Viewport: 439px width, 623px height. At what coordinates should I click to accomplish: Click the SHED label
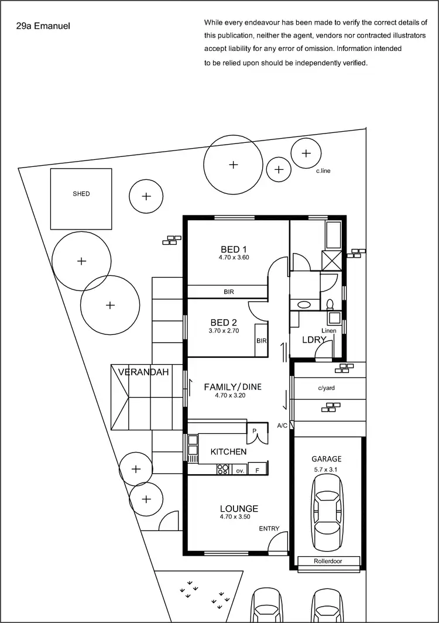(81, 194)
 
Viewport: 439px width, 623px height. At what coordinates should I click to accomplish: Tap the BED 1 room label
(234, 248)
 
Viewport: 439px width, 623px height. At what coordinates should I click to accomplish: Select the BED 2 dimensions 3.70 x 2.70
(225, 331)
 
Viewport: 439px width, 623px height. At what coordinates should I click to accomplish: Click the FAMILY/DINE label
(232, 387)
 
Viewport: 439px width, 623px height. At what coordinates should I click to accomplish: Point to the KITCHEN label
(228, 452)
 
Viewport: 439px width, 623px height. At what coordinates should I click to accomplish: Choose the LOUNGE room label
(239, 508)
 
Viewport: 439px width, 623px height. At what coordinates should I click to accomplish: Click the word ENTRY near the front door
(269, 529)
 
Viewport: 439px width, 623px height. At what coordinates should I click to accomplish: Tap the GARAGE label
(326, 459)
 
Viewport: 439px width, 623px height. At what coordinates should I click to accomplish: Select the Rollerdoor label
(328, 562)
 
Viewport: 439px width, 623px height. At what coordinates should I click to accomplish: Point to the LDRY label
(310, 340)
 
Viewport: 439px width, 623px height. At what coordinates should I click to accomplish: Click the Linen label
(329, 331)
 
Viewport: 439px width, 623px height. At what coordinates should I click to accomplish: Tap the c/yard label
(327, 388)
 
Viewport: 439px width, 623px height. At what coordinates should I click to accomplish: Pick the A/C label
(282, 425)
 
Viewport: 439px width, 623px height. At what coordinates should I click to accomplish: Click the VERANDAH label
(143, 372)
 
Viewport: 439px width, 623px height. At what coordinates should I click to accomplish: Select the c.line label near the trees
(324, 171)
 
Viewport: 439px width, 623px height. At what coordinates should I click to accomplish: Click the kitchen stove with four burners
(223, 469)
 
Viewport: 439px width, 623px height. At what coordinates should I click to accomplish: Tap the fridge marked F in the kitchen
(256, 470)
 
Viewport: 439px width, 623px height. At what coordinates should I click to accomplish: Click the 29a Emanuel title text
(44, 26)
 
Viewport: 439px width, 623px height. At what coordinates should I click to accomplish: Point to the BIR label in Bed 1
(229, 291)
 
